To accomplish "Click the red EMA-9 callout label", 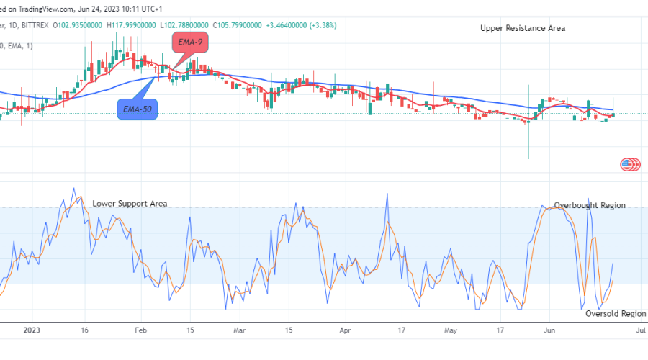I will click(x=191, y=43).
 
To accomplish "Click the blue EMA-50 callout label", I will click(x=137, y=109).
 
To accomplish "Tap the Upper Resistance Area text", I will click(x=523, y=28).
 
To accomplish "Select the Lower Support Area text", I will click(x=130, y=204).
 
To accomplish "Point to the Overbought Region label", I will click(x=590, y=206).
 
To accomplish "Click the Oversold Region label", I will click(x=616, y=314).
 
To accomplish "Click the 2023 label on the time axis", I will click(x=32, y=330).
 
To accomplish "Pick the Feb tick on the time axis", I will click(x=140, y=330).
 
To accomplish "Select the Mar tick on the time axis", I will click(x=240, y=330).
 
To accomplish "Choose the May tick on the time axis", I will click(x=451, y=330).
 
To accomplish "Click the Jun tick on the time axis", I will click(x=549, y=330).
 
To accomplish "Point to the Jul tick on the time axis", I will click(x=641, y=330).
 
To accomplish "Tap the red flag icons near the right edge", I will click(x=631, y=165).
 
